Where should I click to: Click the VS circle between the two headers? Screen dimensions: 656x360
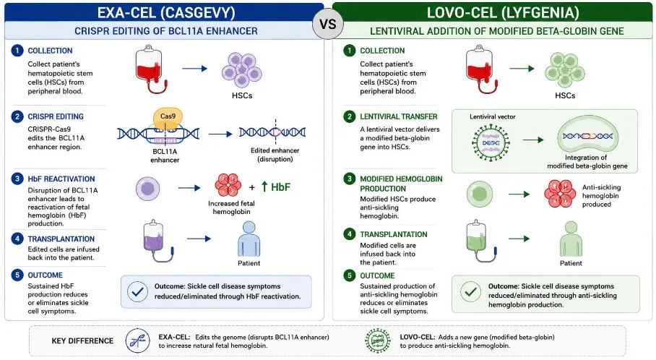tap(327, 24)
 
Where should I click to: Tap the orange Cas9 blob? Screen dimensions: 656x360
tap(168, 119)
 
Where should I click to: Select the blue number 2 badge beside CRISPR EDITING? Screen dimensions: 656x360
tap(17, 116)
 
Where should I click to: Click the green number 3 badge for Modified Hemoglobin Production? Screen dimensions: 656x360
tap(350, 179)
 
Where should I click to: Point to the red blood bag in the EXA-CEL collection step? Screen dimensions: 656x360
tap(150, 68)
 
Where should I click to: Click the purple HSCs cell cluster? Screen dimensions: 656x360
tap(242, 69)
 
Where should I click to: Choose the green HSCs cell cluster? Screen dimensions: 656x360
tap(565, 69)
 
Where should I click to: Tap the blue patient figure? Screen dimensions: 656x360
tap(249, 239)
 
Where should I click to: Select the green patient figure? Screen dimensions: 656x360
tap(571, 239)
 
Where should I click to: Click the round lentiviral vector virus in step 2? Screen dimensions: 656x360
tap(491, 142)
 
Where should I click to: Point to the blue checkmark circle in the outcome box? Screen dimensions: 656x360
tap(137, 292)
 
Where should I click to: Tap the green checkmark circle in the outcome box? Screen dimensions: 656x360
tap(470, 292)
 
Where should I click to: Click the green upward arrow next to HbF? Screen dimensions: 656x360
tap(264, 187)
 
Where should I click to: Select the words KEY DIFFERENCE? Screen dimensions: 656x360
tap(82, 340)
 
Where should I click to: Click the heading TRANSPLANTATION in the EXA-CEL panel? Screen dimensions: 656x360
tap(61, 239)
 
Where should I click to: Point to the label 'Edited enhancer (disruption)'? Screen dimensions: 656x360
tap(275, 155)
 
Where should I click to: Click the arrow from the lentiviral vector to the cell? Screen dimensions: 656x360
tap(533, 140)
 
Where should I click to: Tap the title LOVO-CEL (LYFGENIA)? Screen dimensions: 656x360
tap(503, 12)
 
